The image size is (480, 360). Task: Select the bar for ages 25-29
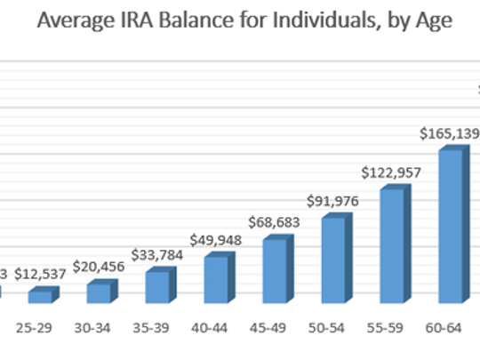pyautogui.click(x=41, y=295)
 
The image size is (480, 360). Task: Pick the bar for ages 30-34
pyautogui.click(x=100, y=292)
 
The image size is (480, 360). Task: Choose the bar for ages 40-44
pyautogui.click(x=216, y=279)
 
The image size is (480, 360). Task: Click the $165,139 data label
pyautogui.click(x=450, y=134)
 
